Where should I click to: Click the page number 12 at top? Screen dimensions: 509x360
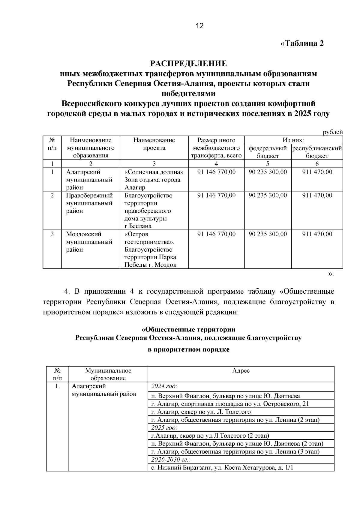199,26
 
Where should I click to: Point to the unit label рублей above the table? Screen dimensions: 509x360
333,132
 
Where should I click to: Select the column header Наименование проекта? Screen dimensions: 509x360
154,144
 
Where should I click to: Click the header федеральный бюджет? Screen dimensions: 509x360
268,152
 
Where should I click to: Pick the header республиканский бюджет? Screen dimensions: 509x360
317,152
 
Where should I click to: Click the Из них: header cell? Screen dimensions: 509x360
293,140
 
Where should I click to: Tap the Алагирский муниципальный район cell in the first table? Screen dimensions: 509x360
89,180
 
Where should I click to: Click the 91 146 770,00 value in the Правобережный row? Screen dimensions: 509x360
216,196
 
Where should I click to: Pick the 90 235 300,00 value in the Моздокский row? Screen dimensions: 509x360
268,234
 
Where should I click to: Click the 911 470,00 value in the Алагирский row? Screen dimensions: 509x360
317,172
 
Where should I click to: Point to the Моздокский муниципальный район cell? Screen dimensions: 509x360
89,242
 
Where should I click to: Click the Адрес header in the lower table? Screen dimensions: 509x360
241,371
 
